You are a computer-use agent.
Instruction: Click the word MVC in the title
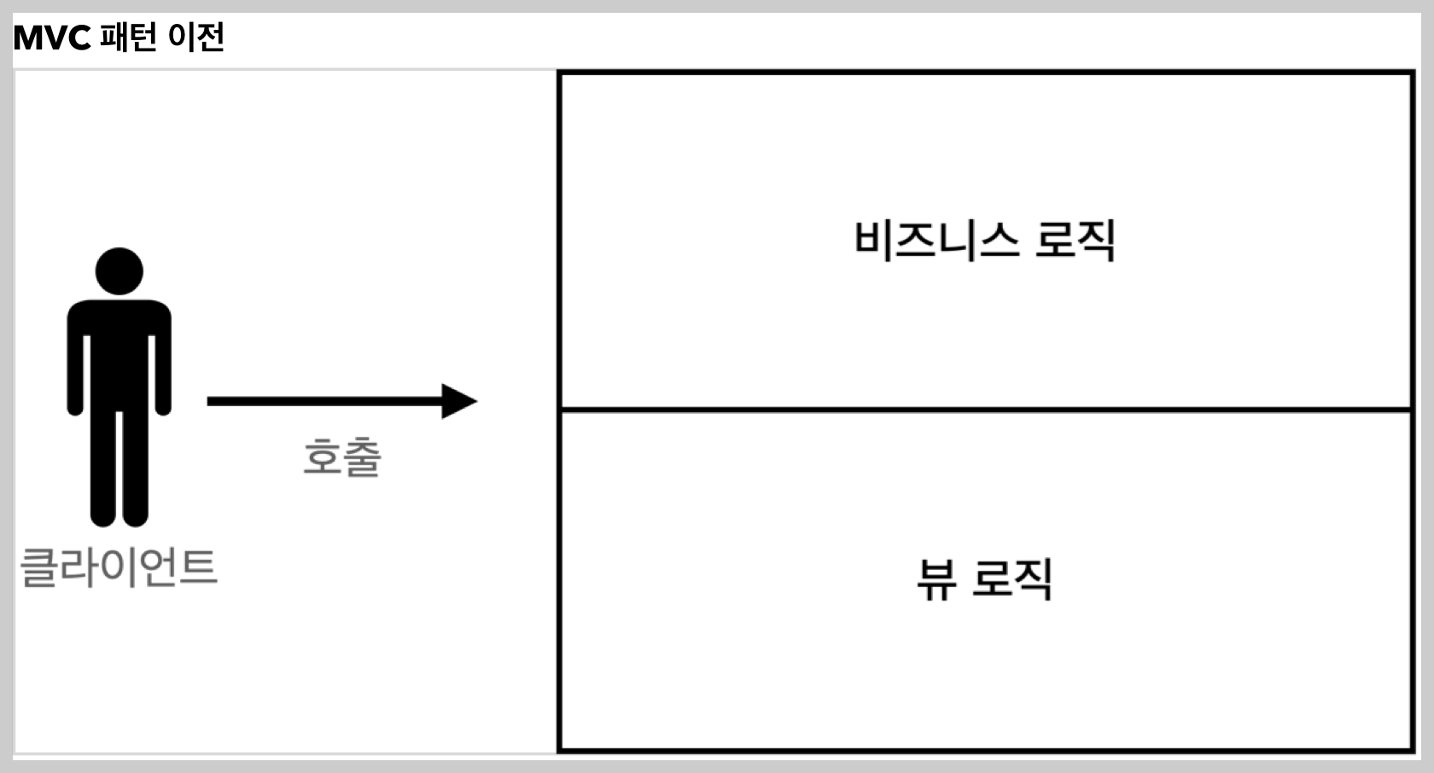pos(51,38)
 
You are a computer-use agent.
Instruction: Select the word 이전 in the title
pos(196,38)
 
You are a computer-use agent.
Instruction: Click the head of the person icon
pos(119,271)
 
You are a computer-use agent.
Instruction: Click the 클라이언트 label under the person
pos(119,567)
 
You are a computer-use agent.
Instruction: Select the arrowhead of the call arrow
pos(459,401)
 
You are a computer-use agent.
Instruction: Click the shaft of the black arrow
pos(324,401)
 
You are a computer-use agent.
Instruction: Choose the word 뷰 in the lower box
pos(936,579)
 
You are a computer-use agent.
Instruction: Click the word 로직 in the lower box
pos(1012,579)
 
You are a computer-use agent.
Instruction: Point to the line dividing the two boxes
pos(986,410)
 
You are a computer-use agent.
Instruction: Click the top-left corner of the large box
pos(559,73)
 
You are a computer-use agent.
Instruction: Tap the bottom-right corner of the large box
pos(1413,750)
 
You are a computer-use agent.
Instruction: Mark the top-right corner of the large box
pos(1413,73)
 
